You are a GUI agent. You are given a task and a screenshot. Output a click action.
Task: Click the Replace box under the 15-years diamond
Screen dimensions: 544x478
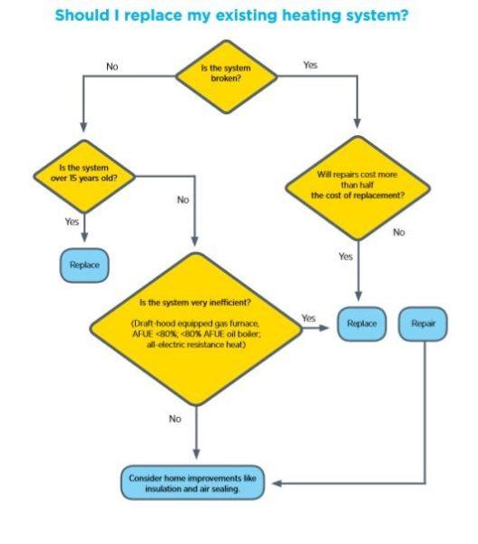[83, 265]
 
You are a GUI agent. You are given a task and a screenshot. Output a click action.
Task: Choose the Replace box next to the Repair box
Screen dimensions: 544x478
[363, 324]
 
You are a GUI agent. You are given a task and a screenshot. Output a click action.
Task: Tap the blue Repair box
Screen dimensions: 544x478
[424, 324]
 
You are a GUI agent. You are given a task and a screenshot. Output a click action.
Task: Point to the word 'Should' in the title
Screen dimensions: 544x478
[85, 15]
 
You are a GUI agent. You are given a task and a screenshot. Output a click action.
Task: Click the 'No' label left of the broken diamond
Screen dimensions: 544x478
[112, 66]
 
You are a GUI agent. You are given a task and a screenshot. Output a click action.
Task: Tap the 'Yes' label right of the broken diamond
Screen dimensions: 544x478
[311, 65]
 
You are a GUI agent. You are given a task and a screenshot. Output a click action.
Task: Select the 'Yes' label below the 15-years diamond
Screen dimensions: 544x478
[72, 220]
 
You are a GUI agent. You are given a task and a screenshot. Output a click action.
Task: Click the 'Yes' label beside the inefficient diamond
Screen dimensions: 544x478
[308, 318]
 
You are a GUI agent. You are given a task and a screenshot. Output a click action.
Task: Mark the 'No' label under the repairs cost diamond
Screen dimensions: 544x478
[399, 232]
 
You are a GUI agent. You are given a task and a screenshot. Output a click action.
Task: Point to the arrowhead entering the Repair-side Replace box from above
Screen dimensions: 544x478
[360, 297]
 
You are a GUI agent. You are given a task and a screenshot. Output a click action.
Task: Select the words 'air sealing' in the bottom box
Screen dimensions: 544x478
[220, 489]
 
